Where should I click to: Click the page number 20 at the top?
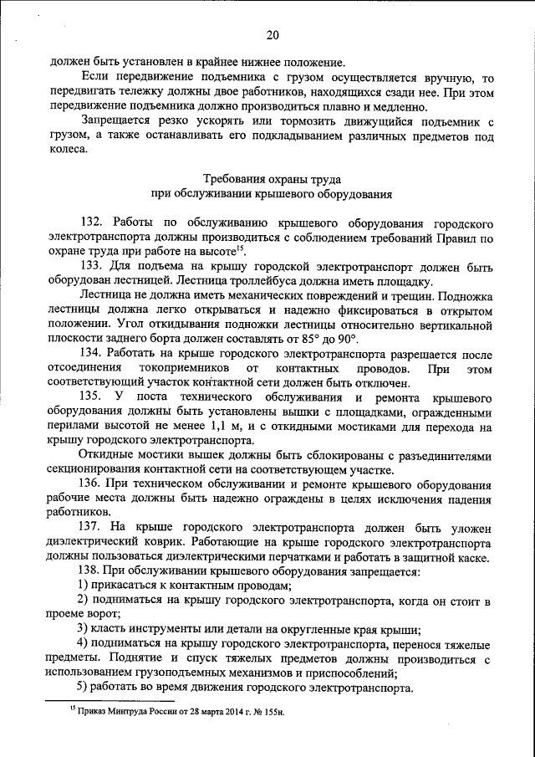273,34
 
